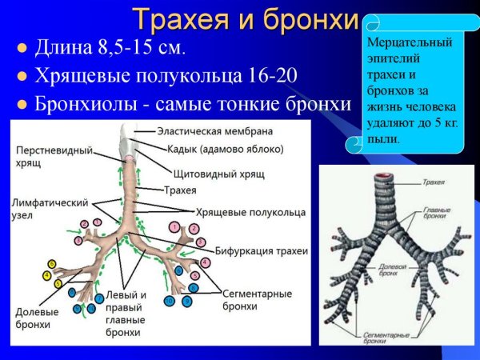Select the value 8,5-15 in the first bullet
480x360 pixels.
134,49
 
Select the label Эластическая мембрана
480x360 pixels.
215,130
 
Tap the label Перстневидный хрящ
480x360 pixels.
53,155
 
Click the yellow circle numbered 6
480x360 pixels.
52,264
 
